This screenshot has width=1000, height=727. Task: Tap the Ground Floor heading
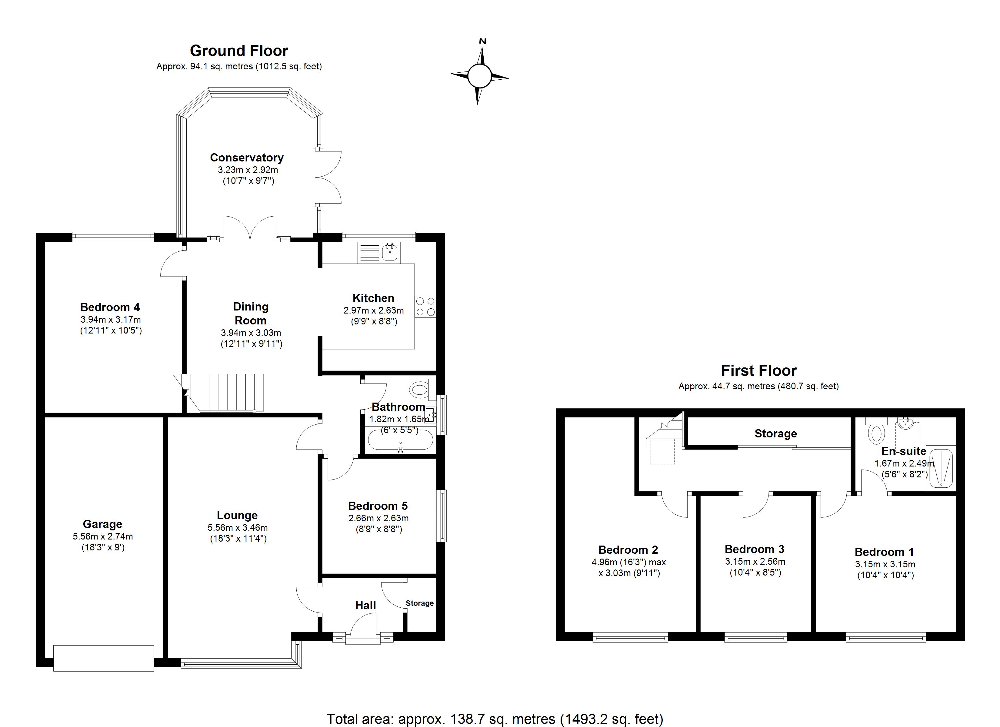click(239, 51)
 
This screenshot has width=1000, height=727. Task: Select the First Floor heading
click(759, 370)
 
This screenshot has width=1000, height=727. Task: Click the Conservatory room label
click(246, 158)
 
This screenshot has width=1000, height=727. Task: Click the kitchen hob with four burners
click(425, 307)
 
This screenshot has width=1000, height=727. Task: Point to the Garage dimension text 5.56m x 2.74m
click(103, 536)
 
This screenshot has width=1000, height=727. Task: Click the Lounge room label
click(237, 515)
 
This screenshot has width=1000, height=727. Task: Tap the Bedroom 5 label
click(378, 506)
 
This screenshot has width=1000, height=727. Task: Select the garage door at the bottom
click(104, 658)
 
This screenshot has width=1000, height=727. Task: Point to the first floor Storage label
click(775, 433)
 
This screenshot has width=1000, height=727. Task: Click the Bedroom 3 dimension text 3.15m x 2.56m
click(755, 562)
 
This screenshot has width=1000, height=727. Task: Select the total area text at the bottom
click(495, 719)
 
